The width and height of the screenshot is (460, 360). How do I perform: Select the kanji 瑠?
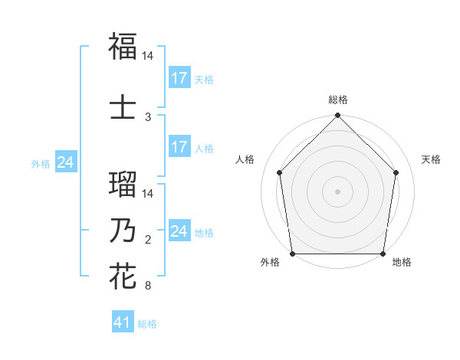pyautogui.click(x=123, y=184)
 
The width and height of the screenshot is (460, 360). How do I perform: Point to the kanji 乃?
pyautogui.click(x=123, y=231)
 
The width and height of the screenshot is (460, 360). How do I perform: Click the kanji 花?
pyautogui.click(x=123, y=276)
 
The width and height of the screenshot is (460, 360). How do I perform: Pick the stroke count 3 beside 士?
pyautogui.click(x=148, y=116)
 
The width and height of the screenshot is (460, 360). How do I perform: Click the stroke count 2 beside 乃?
pyautogui.click(x=148, y=241)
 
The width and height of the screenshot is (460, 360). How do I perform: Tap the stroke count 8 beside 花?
pyautogui.click(x=148, y=286)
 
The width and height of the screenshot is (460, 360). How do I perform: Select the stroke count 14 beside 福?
pyautogui.click(x=148, y=56)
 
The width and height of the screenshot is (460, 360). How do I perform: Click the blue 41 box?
pyautogui.click(x=123, y=323)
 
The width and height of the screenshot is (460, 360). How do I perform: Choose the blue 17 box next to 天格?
pyautogui.click(x=179, y=78)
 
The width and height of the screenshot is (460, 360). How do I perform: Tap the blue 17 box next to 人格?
pyautogui.click(x=179, y=147)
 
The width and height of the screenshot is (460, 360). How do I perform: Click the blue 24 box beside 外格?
pyautogui.click(x=65, y=162)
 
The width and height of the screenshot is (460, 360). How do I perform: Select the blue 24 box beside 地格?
pyautogui.click(x=179, y=231)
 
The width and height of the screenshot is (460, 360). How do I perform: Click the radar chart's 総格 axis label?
pyautogui.click(x=338, y=100)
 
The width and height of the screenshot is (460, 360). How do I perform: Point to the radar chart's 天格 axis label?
pyautogui.click(x=431, y=159)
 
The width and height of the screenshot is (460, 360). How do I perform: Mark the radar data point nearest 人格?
pyautogui.click(x=280, y=172)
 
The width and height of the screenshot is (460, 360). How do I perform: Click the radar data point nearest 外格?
pyautogui.click(x=292, y=254)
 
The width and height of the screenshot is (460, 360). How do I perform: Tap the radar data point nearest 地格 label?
pyautogui.click(x=383, y=254)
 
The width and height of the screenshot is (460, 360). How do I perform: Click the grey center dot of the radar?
pyautogui.click(x=337, y=191)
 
